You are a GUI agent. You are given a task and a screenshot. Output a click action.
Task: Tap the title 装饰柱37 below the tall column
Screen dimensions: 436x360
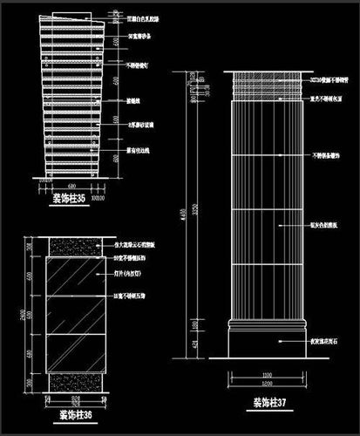coord(270,403)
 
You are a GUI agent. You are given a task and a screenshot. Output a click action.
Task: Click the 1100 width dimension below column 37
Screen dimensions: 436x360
coord(268,377)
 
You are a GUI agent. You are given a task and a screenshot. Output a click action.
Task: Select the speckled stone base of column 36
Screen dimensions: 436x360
coord(74,380)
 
